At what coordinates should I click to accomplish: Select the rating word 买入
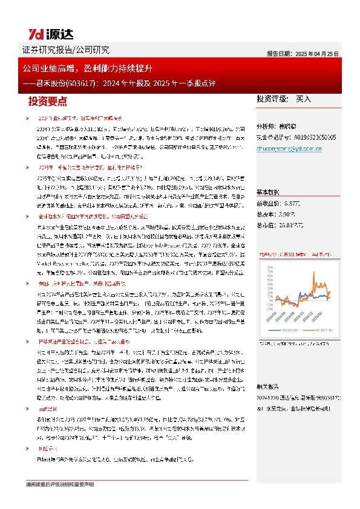point(303,98)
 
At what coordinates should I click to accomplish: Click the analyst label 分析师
point(267,126)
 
